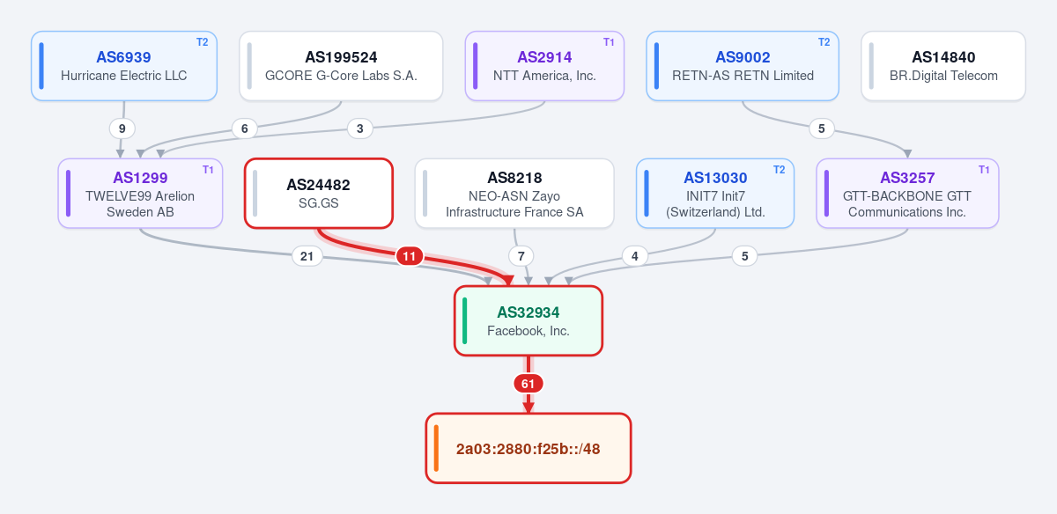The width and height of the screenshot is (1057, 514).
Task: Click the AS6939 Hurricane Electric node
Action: point(124,66)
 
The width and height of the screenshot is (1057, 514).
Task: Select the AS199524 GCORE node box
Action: point(341,66)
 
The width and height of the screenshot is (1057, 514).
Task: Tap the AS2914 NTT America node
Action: point(544,66)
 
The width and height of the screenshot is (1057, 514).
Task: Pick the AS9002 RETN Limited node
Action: point(743,66)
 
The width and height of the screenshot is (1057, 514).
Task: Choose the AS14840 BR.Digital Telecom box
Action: point(943,66)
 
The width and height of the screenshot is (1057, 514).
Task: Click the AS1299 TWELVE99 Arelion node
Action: point(140,194)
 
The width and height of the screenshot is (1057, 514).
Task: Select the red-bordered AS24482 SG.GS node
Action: point(319,194)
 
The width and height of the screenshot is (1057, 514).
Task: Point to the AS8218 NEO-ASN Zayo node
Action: point(514,194)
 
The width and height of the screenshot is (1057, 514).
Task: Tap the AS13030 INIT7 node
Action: point(715,194)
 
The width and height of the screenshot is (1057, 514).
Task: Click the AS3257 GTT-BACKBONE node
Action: point(907,194)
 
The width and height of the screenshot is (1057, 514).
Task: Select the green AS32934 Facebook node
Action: point(528,320)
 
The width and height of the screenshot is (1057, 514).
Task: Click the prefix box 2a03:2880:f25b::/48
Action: point(528,449)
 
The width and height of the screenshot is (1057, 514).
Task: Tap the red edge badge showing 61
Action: point(528,384)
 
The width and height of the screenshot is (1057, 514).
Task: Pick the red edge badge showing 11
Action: point(409,256)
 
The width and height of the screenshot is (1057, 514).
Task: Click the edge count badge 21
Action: point(307,256)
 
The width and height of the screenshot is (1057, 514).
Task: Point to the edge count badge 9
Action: point(122,128)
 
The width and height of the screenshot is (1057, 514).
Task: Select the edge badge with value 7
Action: point(521,256)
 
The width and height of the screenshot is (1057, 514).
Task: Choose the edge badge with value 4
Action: point(635,256)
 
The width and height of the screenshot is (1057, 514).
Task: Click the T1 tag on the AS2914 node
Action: point(609,42)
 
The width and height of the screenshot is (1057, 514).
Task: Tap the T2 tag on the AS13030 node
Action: point(779,170)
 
